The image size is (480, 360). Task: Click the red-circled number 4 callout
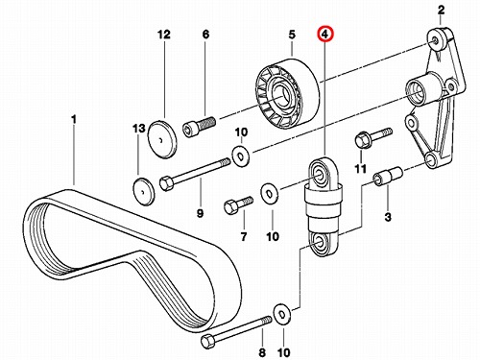(325, 35)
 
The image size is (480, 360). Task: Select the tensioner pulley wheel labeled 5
(287, 93)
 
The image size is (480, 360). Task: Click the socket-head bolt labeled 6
(199, 127)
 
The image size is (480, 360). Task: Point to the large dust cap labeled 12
(162, 139)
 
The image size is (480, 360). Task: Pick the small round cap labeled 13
(143, 191)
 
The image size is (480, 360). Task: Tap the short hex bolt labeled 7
(239, 204)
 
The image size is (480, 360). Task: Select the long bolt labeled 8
(236, 329)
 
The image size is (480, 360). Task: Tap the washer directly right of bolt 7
(270, 194)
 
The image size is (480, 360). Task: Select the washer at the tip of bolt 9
(241, 156)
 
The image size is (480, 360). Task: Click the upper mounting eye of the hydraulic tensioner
(320, 175)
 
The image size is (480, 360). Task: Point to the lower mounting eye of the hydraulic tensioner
(319, 244)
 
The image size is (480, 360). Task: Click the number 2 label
(441, 10)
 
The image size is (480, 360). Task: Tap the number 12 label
(164, 35)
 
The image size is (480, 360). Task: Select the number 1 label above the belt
(74, 120)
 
